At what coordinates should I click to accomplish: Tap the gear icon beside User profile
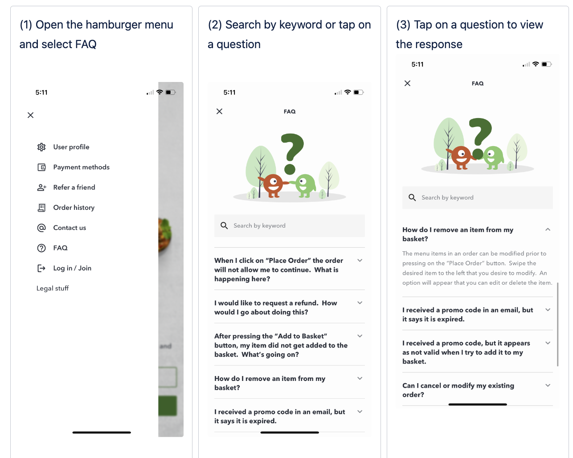[x=41, y=147]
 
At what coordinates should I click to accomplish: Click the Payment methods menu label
[x=81, y=167]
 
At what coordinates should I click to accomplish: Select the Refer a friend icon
[x=41, y=188]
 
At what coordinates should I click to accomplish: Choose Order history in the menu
[x=74, y=208]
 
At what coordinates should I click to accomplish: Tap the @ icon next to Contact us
[x=41, y=228]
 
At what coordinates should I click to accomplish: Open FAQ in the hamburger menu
[x=60, y=248]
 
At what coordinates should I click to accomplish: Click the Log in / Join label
[x=72, y=268]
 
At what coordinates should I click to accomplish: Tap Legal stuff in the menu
[x=53, y=288]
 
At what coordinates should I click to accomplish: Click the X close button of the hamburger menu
[x=31, y=115]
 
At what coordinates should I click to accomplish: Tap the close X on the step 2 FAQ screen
[x=219, y=111]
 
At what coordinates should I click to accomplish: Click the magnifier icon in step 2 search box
[x=224, y=226]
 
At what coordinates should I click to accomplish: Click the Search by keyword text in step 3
[x=447, y=197]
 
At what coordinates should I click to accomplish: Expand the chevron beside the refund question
[x=360, y=303]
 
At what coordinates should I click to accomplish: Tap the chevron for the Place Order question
[x=360, y=261]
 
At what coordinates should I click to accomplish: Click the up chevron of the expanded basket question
[x=548, y=229]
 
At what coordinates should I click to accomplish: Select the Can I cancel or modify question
[x=458, y=390]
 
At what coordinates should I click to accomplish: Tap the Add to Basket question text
[x=281, y=345]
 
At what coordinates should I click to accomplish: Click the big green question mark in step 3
[x=480, y=139]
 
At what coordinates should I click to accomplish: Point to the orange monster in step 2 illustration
[x=273, y=185]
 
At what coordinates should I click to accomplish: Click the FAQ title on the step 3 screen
[x=477, y=83]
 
